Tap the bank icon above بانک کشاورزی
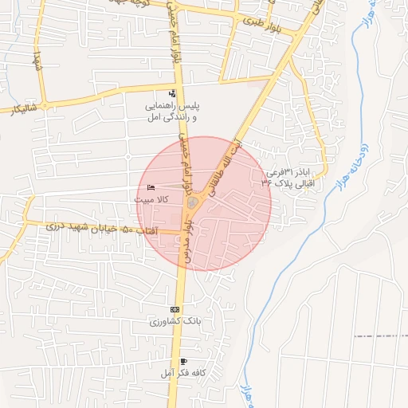click(175, 310)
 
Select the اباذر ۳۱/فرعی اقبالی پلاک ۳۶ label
click(288, 177)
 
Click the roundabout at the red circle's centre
click(194, 204)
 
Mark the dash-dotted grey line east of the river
click(381, 335)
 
